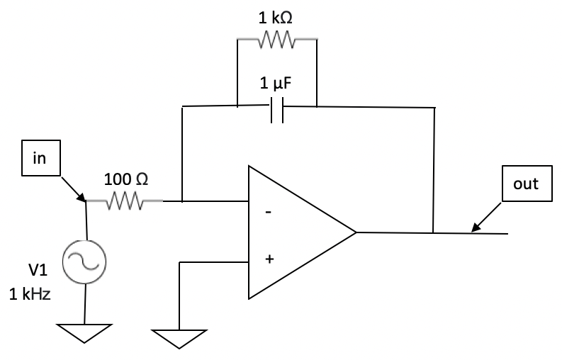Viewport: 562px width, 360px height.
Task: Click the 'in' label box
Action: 38,158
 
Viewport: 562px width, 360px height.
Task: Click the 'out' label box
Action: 525,184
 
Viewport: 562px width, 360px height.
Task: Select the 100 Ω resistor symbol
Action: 125,203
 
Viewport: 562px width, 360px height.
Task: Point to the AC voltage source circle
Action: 85,261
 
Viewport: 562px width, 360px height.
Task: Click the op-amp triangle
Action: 294,232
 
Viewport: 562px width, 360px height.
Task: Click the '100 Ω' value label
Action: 126,179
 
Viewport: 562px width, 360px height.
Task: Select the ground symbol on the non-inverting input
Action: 180,338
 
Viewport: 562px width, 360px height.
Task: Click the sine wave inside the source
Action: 85,261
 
